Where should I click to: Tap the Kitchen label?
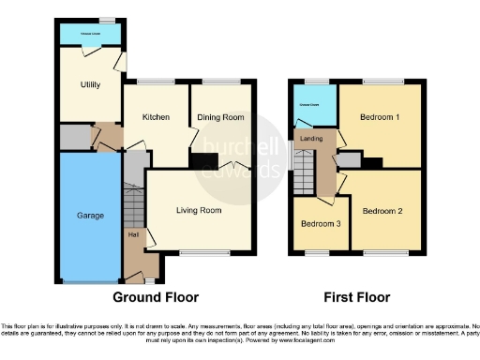coord(156,117)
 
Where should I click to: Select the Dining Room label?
coord(220,117)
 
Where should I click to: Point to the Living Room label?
coord(199,210)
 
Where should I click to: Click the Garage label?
coord(90,215)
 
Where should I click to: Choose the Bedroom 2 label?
coord(382,211)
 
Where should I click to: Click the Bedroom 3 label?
coord(321,224)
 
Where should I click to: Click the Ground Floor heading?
coord(156,298)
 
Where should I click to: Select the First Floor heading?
coord(356,298)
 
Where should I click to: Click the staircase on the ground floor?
coord(134,202)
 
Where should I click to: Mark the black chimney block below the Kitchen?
coord(200,162)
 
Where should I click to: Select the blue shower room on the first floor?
coord(311,107)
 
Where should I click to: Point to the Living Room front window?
coord(199,252)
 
